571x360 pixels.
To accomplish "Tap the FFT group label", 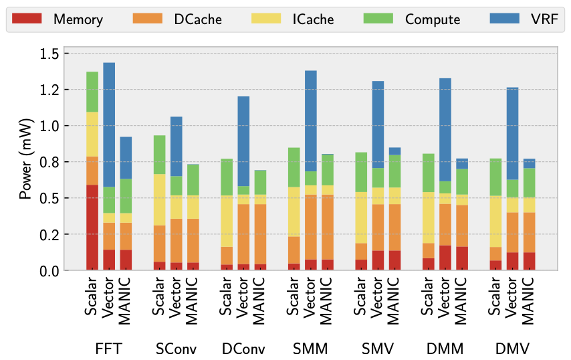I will click(x=108, y=349).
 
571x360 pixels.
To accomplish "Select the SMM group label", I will click(x=310, y=349).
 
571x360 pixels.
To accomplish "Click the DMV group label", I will click(x=511, y=349).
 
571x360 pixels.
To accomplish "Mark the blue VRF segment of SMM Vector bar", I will click(x=310, y=120).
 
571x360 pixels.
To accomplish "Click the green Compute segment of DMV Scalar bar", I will click(x=495, y=177).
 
